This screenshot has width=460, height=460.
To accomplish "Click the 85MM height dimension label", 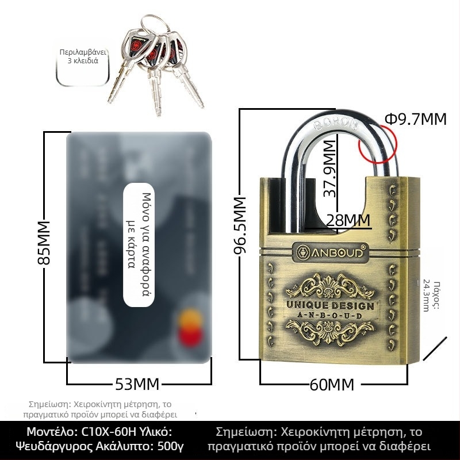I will click(x=44, y=242).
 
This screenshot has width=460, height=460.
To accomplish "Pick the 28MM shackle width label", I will click(x=347, y=220).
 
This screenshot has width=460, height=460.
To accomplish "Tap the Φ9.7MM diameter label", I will click(x=415, y=119).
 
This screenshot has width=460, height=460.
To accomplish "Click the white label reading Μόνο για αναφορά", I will click(x=140, y=246).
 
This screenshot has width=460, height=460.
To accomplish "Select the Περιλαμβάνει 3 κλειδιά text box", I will click(x=83, y=56).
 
